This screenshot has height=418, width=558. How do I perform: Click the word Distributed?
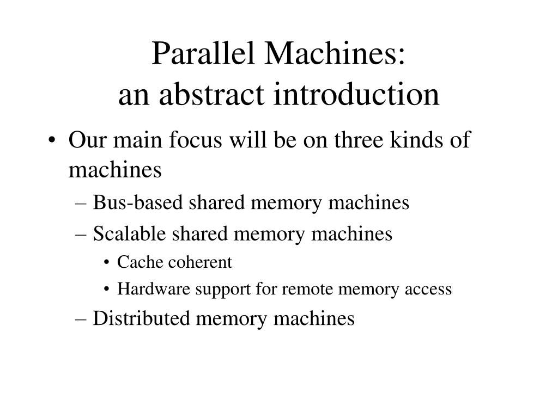click(x=142, y=318)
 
